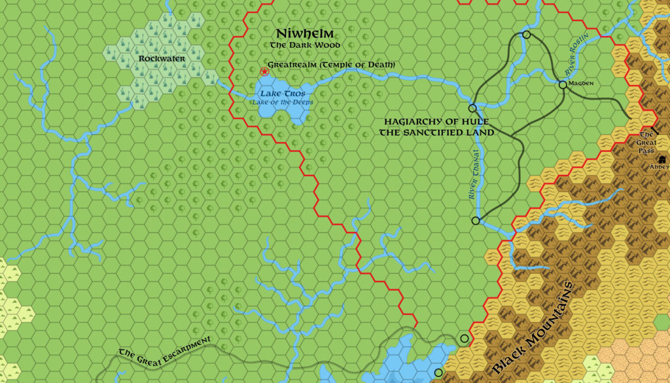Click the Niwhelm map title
(305, 33)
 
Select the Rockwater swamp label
(162, 58)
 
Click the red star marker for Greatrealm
(264, 71)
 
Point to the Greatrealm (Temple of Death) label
(332, 65)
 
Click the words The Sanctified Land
(436, 132)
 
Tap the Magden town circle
(563, 84)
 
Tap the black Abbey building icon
(662, 159)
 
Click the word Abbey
(660, 167)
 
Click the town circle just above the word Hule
(472, 108)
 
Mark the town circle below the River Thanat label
(476, 221)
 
